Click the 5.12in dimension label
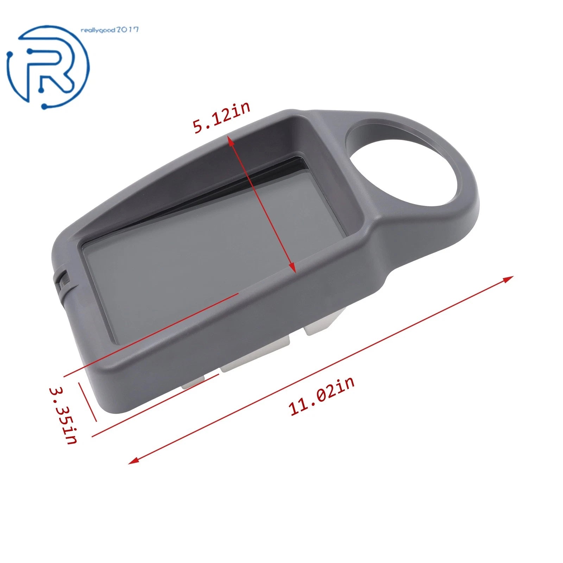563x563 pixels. point(222,118)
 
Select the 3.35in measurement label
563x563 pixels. point(63,416)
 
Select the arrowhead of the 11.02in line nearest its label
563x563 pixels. point(133,460)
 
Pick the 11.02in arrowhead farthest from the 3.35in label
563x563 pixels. point(508,279)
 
